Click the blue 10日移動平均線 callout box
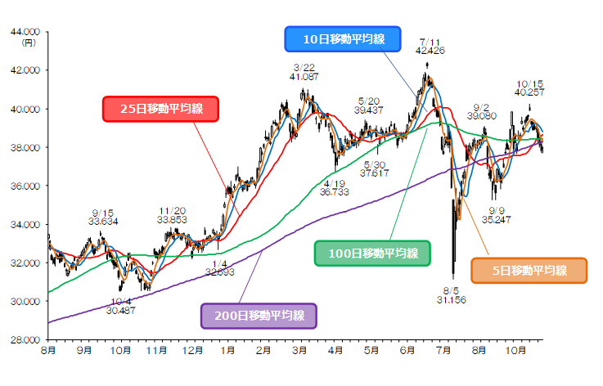coord(343,39)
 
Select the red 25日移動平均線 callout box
coord(160,109)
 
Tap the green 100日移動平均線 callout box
coord(372,254)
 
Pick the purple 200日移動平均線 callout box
coord(259,315)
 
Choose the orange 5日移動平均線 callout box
coord(530,271)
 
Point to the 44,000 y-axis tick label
coord(27,32)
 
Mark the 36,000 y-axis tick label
coord(27,186)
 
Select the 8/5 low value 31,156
coord(451,300)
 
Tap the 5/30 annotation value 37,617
coord(375,173)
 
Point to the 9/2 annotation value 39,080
coord(481,116)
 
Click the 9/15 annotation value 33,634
coord(102,219)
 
